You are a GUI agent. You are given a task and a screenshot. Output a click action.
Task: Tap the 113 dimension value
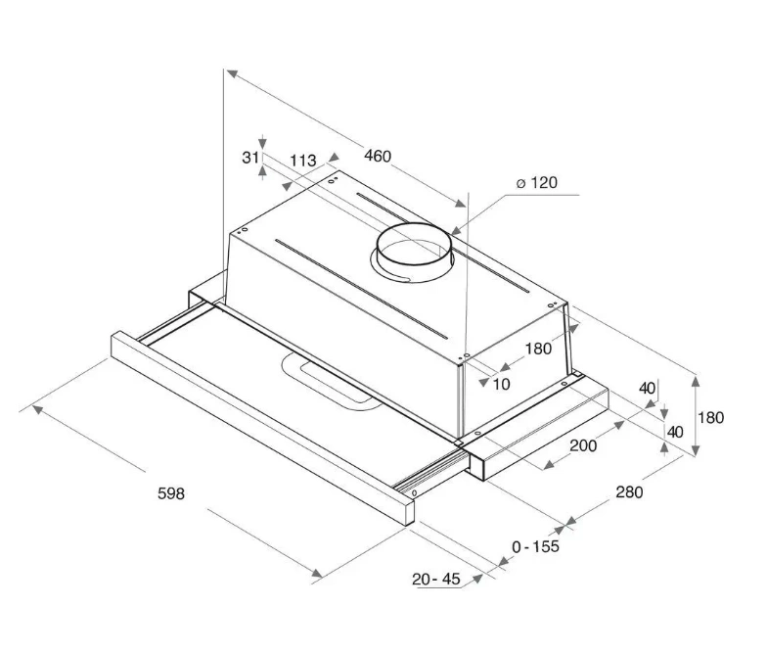click(x=303, y=160)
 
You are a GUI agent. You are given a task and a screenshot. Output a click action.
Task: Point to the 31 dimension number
click(x=250, y=158)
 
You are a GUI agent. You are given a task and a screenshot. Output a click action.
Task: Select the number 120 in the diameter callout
click(x=544, y=183)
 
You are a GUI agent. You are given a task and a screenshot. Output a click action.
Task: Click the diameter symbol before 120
click(x=521, y=184)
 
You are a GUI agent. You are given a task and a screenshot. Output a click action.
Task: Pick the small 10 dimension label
click(x=501, y=385)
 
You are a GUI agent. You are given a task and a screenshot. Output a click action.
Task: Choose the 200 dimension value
click(x=583, y=446)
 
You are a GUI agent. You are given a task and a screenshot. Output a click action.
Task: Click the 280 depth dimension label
click(x=629, y=492)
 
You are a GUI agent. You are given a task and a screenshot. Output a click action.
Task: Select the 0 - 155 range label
click(x=536, y=547)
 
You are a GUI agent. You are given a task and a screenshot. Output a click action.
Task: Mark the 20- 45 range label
click(x=436, y=580)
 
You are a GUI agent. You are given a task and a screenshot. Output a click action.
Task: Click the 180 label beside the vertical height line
click(x=710, y=418)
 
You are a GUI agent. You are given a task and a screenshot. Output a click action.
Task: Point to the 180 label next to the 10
click(x=537, y=349)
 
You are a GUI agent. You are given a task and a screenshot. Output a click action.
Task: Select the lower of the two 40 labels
click(x=675, y=431)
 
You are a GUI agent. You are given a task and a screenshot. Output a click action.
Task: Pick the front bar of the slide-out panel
click(x=264, y=422)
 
